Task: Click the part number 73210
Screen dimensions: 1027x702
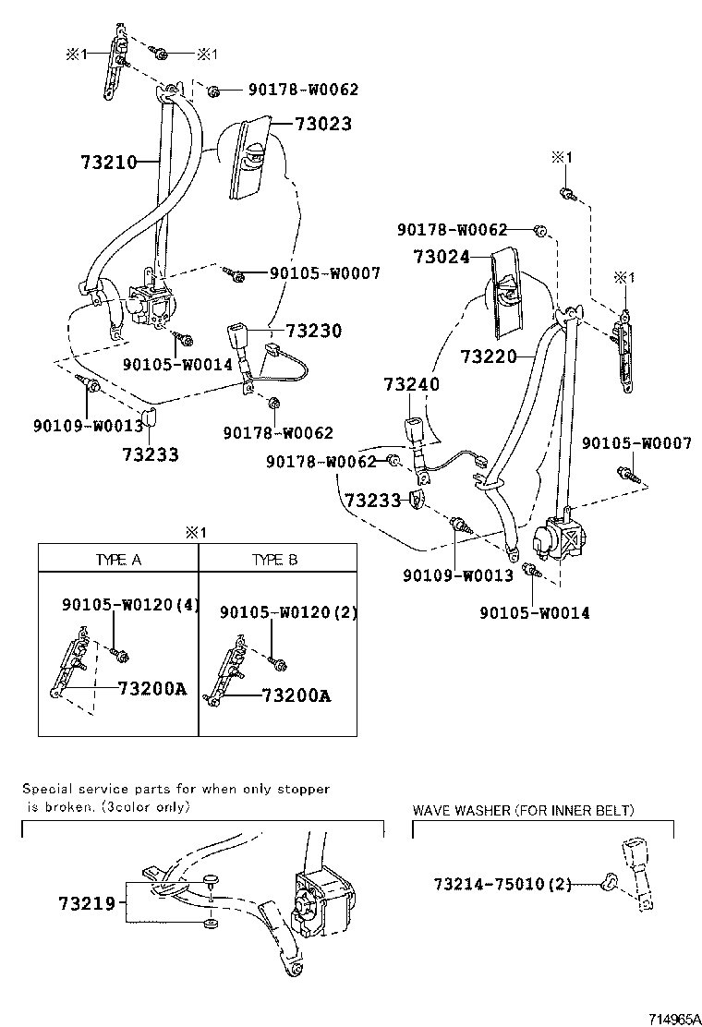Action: (108, 163)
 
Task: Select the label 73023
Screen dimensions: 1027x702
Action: (323, 124)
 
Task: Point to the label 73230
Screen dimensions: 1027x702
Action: (314, 331)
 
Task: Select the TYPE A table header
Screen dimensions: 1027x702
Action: (118, 560)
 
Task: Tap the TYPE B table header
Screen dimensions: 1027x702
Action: (275, 560)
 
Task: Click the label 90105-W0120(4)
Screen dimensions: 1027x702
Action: (130, 605)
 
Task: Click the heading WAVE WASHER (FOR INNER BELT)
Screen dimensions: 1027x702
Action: (523, 811)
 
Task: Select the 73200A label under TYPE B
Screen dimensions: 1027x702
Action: (295, 695)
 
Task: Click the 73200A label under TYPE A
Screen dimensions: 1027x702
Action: (151, 688)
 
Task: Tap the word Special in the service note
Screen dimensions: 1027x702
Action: (47, 790)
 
